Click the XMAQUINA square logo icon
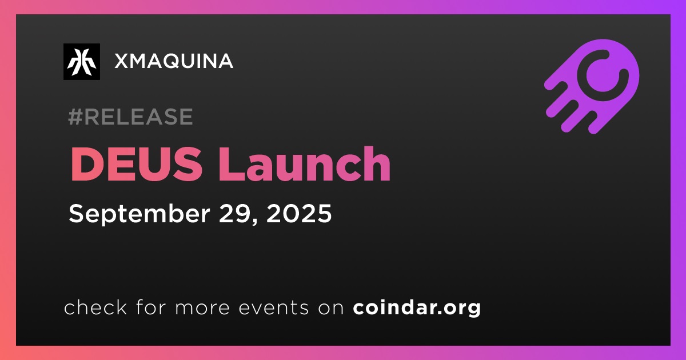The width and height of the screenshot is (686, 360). tap(82, 62)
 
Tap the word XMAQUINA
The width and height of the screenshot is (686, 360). tap(174, 61)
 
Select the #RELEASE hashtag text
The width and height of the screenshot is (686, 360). tap(130, 117)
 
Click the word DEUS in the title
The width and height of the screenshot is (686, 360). tap(136, 164)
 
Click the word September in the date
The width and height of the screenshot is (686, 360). tap(139, 214)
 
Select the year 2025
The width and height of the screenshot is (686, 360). tap(299, 213)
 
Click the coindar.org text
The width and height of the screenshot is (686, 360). tap(417, 308)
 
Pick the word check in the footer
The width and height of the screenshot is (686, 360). tap(95, 307)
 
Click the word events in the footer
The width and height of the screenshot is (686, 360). tap(273, 307)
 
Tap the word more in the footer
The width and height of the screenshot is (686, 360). tap(202, 308)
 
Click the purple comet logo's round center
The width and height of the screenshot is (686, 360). tap(602, 75)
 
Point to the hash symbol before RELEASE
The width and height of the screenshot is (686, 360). tap(75, 117)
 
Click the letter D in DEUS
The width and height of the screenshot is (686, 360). tap(87, 165)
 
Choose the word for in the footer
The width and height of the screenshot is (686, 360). tap(151, 307)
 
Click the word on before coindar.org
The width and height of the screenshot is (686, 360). tap(331, 308)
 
